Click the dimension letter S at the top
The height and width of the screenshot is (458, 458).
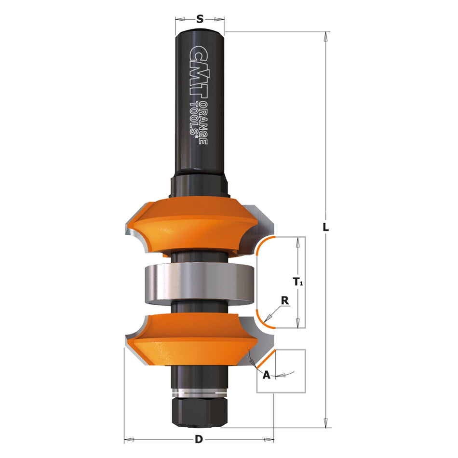click(200, 19)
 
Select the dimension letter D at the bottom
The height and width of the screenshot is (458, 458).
click(198, 439)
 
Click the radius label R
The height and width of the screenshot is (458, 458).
click(285, 300)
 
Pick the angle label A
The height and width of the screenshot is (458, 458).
click(266, 374)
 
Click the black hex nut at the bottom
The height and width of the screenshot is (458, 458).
click(199, 413)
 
